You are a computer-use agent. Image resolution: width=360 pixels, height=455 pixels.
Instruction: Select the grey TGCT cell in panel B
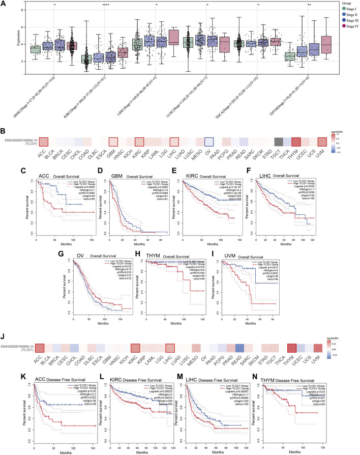278,113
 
